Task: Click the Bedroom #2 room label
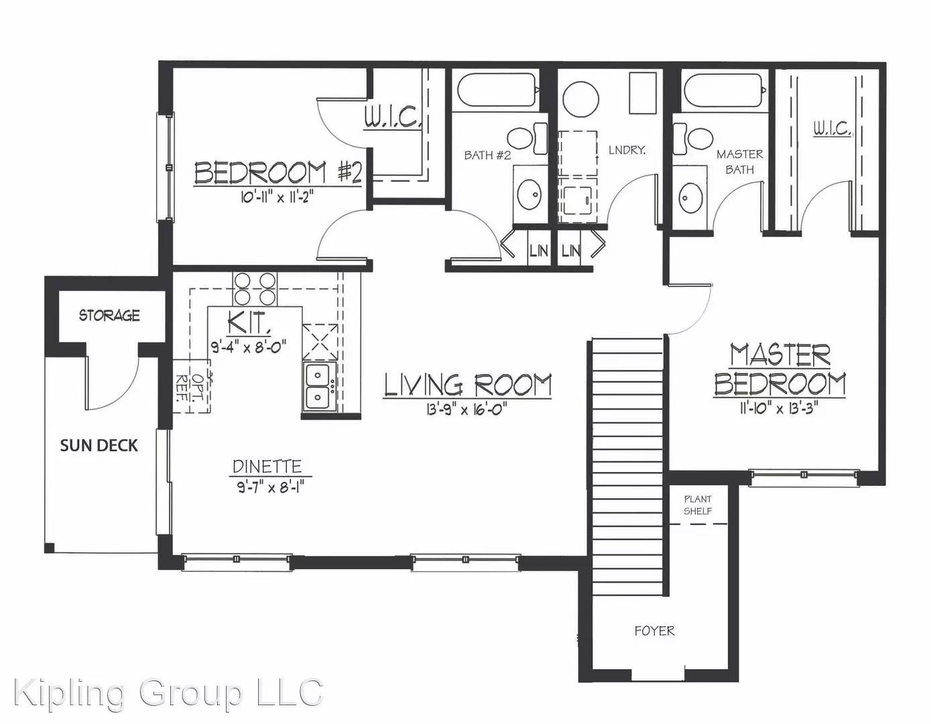278,172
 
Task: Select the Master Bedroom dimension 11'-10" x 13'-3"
780,408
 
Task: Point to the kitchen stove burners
255,288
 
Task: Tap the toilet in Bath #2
528,138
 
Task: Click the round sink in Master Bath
690,198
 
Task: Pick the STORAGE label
109,316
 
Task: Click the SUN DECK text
99,446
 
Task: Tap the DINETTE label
267,466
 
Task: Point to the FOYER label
654,631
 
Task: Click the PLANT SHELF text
698,505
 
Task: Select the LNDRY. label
627,150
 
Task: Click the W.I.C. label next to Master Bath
832,129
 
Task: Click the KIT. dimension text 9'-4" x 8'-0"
249,345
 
